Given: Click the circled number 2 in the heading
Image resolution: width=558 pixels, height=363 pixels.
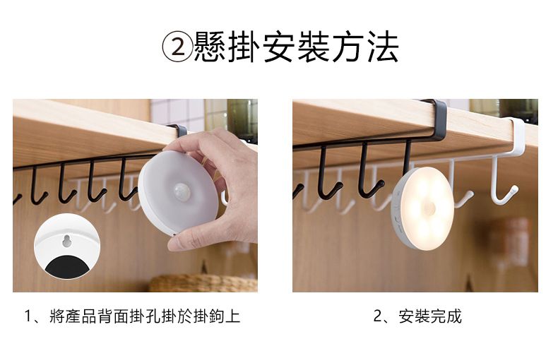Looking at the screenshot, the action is coord(178,47).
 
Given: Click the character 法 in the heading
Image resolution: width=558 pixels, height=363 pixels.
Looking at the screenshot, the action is coord(383,47).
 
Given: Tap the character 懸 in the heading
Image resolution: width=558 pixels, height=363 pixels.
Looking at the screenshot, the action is coord(210,47).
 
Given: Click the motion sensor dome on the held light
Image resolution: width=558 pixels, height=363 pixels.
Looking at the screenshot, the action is coord(182,192).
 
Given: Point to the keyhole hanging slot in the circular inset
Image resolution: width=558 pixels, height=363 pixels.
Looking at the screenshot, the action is coord(66,242).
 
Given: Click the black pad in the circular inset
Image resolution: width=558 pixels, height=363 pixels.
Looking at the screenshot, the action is coord(67,266).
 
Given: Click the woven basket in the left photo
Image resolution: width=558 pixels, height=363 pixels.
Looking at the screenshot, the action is coord(203,283).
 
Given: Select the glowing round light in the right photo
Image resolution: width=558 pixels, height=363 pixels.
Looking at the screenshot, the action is coord(422,208).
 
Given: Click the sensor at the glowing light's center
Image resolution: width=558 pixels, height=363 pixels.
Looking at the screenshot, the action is coord(430,208).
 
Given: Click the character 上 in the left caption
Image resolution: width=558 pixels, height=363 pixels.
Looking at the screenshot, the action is coord(233,316).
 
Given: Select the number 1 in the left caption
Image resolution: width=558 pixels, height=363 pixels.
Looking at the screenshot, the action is coord(28,316).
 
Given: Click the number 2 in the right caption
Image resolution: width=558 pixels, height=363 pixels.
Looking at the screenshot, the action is coord(378,316).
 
